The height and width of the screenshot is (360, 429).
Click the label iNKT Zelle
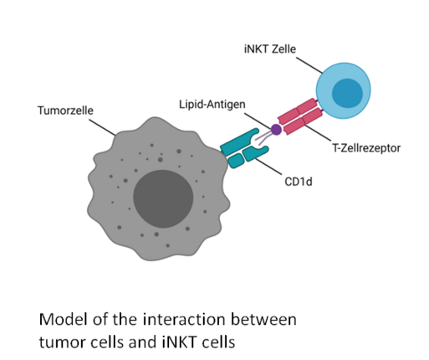(x=270, y=49)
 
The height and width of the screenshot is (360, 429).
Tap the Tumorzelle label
(x=65, y=111)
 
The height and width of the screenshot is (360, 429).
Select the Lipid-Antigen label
(x=212, y=105)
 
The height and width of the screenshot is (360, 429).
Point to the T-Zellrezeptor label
(x=366, y=148)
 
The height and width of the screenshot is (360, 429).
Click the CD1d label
(x=299, y=182)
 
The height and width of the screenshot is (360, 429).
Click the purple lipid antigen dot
(x=276, y=130)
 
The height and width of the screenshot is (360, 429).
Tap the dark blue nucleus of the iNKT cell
(x=347, y=94)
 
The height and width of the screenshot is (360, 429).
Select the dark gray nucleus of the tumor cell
(x=163, y=198)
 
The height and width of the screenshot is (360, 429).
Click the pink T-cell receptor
(x=300, y=116)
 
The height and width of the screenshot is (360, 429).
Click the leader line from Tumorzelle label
(x=103, y=128)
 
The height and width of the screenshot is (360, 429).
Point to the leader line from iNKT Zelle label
(x=309, y=65)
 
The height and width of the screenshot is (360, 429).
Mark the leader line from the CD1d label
(x=268, y=167)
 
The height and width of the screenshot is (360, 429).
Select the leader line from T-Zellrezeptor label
(x=317, y=132)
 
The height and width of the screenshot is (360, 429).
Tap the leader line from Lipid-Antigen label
(x=258, y=121)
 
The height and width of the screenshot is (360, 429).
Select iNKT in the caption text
(x=178, y=342)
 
